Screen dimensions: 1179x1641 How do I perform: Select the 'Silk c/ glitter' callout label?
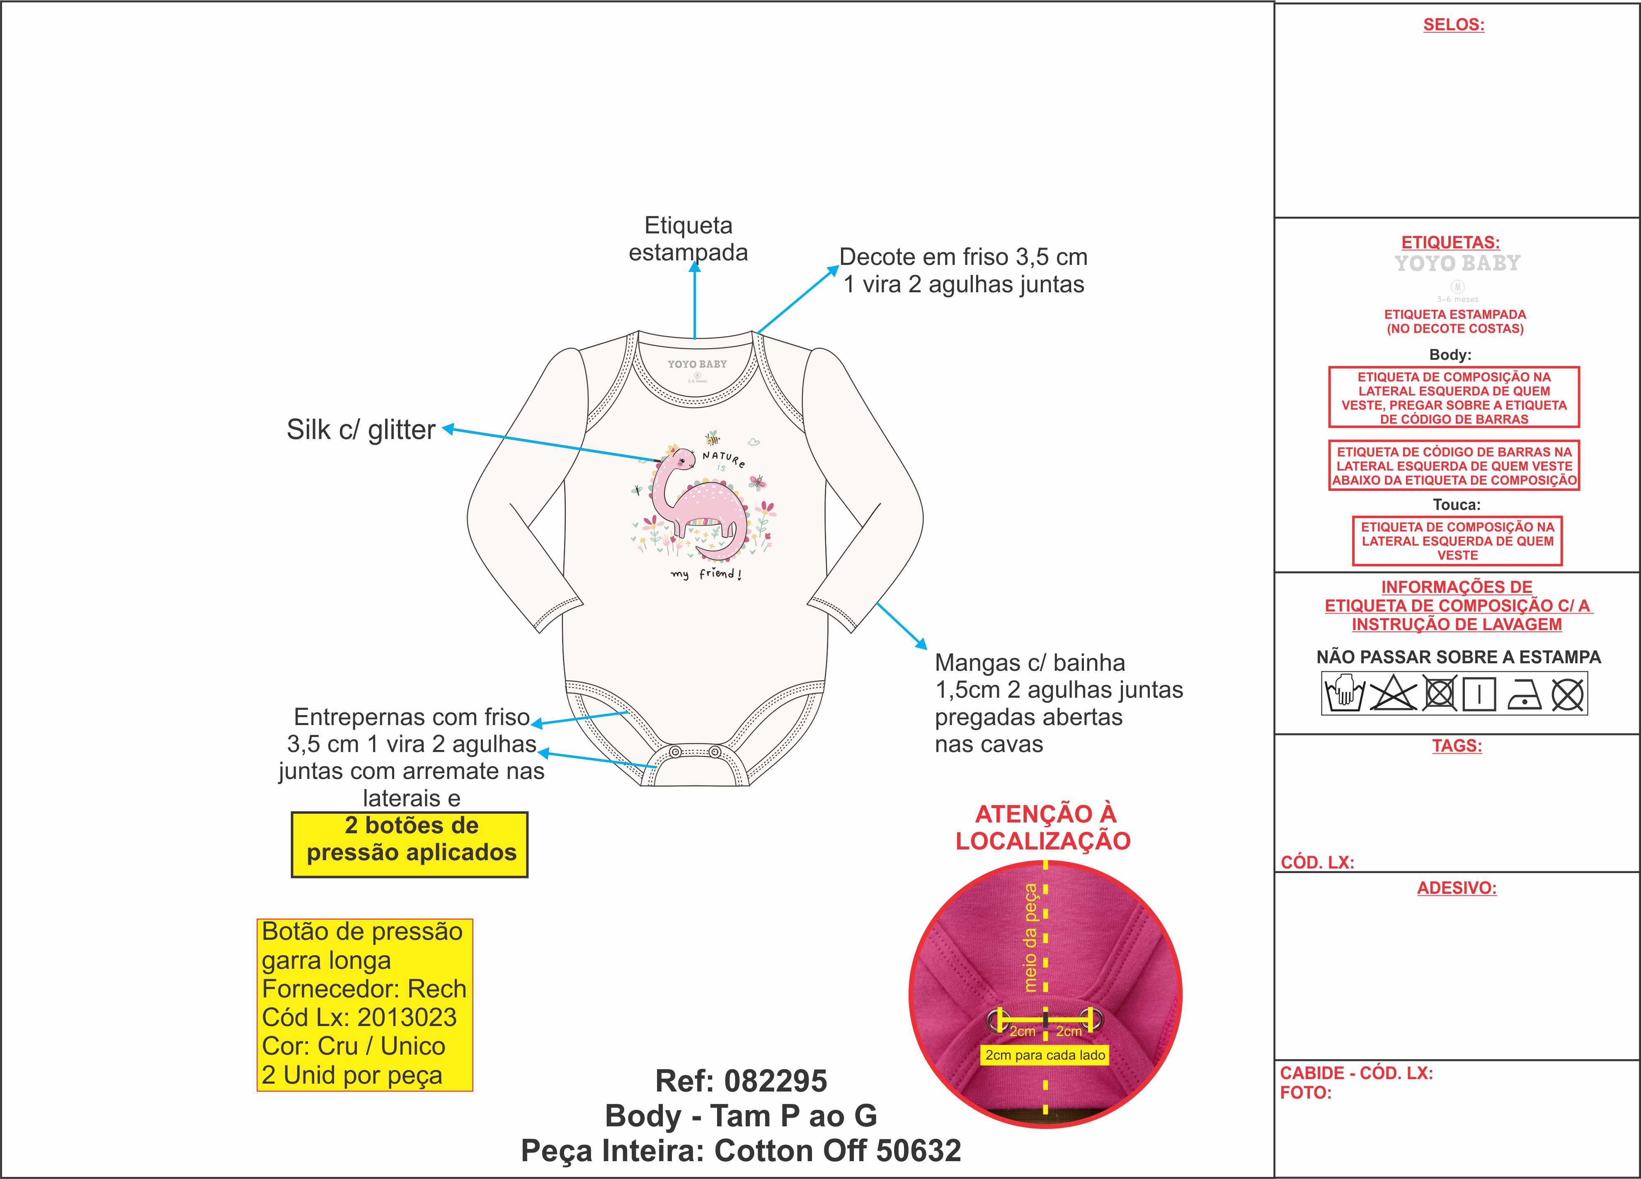pyautogui.click(x=361, y=430)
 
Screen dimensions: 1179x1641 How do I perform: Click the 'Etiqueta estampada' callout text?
pyautogui.click(x=688, y=239)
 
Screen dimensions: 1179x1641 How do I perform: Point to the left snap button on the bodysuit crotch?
pyautogui.click(x=674, y=752)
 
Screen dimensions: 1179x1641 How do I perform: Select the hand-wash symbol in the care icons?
pyautogui.click(x=1343, y=694)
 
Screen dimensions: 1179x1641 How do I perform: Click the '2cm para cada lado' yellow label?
pyautogui.click(x=1045, y=1055)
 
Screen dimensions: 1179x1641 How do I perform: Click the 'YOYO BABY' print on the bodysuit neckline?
pyautogui.click(x=697, y=364)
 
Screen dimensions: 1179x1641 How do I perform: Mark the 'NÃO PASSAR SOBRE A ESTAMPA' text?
pyautogui.click(x=1458, y=657)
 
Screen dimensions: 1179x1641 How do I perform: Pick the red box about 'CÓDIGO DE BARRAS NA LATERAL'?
pyautogui.click(x=1454, y=466)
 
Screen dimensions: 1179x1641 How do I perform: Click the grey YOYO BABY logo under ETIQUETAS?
pyautogui.click(x=1457, y=263)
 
